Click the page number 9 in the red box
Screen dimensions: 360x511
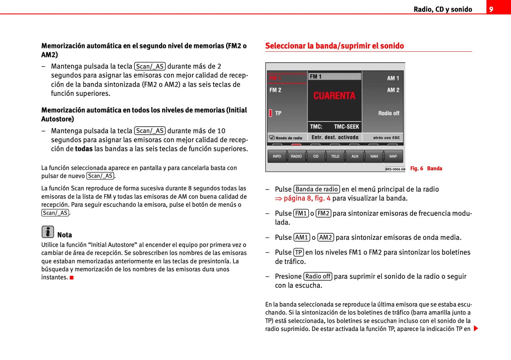click(491, 9)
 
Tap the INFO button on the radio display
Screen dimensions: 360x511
click(277, 156)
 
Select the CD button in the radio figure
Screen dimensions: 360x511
click(316, 156)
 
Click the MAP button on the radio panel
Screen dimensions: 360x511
click(393, 156)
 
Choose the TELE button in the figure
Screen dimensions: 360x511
click(335, 156)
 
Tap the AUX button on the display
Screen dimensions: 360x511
click(355, 156)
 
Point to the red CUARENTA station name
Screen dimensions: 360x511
click(334, 95)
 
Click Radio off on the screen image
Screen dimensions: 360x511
click(389, 113)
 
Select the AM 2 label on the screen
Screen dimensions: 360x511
click(393, 90)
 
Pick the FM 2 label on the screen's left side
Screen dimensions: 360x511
click(275, 90)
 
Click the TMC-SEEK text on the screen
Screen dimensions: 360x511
click(346, 127)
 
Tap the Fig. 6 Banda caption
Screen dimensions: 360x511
click(426, 168)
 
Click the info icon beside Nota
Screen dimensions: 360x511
click(48, 232)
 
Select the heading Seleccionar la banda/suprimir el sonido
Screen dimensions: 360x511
click(334, 46)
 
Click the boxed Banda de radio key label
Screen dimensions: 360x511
click(317, 189)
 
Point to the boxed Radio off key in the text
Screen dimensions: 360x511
click(318, 276)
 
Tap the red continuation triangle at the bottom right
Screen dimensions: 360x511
click(476, 329)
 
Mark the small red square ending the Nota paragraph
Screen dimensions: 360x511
click(71, 278)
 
